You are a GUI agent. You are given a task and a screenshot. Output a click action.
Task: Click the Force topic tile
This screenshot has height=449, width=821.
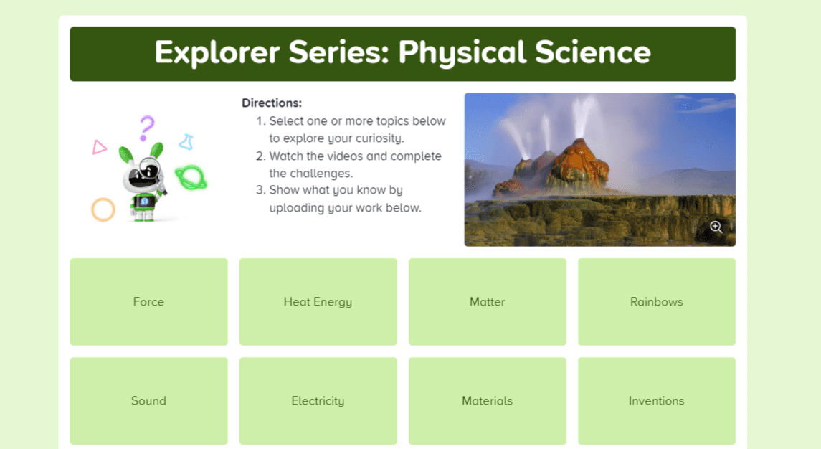tap(148, 302)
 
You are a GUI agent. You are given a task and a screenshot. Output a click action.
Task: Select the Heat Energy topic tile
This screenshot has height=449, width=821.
tap(318, 302)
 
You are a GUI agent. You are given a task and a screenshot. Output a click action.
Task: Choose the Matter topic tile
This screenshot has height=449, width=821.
tap(488, 302)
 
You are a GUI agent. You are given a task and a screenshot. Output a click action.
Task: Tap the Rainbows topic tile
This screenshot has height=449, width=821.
tap(657, 302)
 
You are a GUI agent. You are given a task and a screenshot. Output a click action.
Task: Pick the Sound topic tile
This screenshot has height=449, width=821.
tap(148, 401)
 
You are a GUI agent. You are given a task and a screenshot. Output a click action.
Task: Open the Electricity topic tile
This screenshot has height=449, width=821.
tap(318, 401)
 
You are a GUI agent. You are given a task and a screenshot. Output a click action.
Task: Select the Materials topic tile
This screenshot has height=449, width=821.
tap(488, 401)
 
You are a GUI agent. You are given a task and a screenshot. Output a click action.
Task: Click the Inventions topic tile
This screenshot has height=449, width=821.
tap(657, 401)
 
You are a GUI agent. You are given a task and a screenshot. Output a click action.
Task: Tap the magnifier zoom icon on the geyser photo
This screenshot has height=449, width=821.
tap(716, 227)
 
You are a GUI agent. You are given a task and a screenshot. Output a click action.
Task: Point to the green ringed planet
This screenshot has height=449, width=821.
tap(191, 178)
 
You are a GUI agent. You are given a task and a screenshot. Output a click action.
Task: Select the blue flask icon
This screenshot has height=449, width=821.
tap(187, 142)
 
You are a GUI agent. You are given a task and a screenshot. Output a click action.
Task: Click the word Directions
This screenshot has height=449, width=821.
tap(272, 103)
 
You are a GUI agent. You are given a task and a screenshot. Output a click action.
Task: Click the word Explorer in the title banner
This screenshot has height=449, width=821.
tap(217, 53)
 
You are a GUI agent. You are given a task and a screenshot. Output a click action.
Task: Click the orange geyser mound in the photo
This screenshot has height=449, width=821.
tap(578, 165)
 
